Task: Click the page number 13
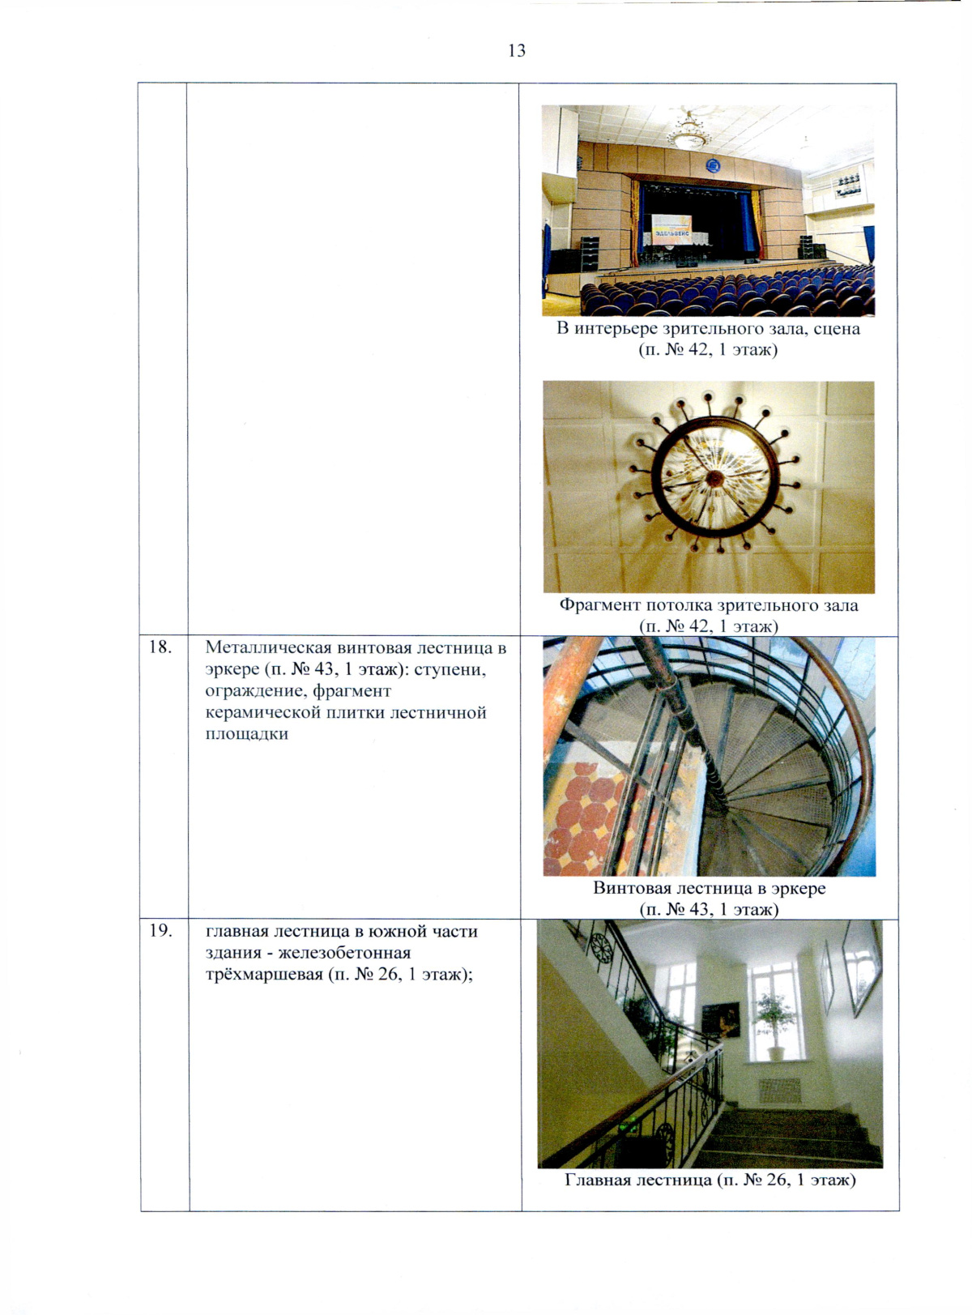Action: (x=517, y=50)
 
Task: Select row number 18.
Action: (x=160, y=647)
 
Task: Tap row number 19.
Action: (x=160, y=931)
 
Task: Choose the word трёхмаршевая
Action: (x=263, y=974)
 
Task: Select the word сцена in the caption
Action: (x=836, y=328)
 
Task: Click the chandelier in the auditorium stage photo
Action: (x=688, y=131)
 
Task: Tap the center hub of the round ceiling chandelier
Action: (x=714, y=477)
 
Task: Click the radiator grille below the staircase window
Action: (x=779, y=1091)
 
